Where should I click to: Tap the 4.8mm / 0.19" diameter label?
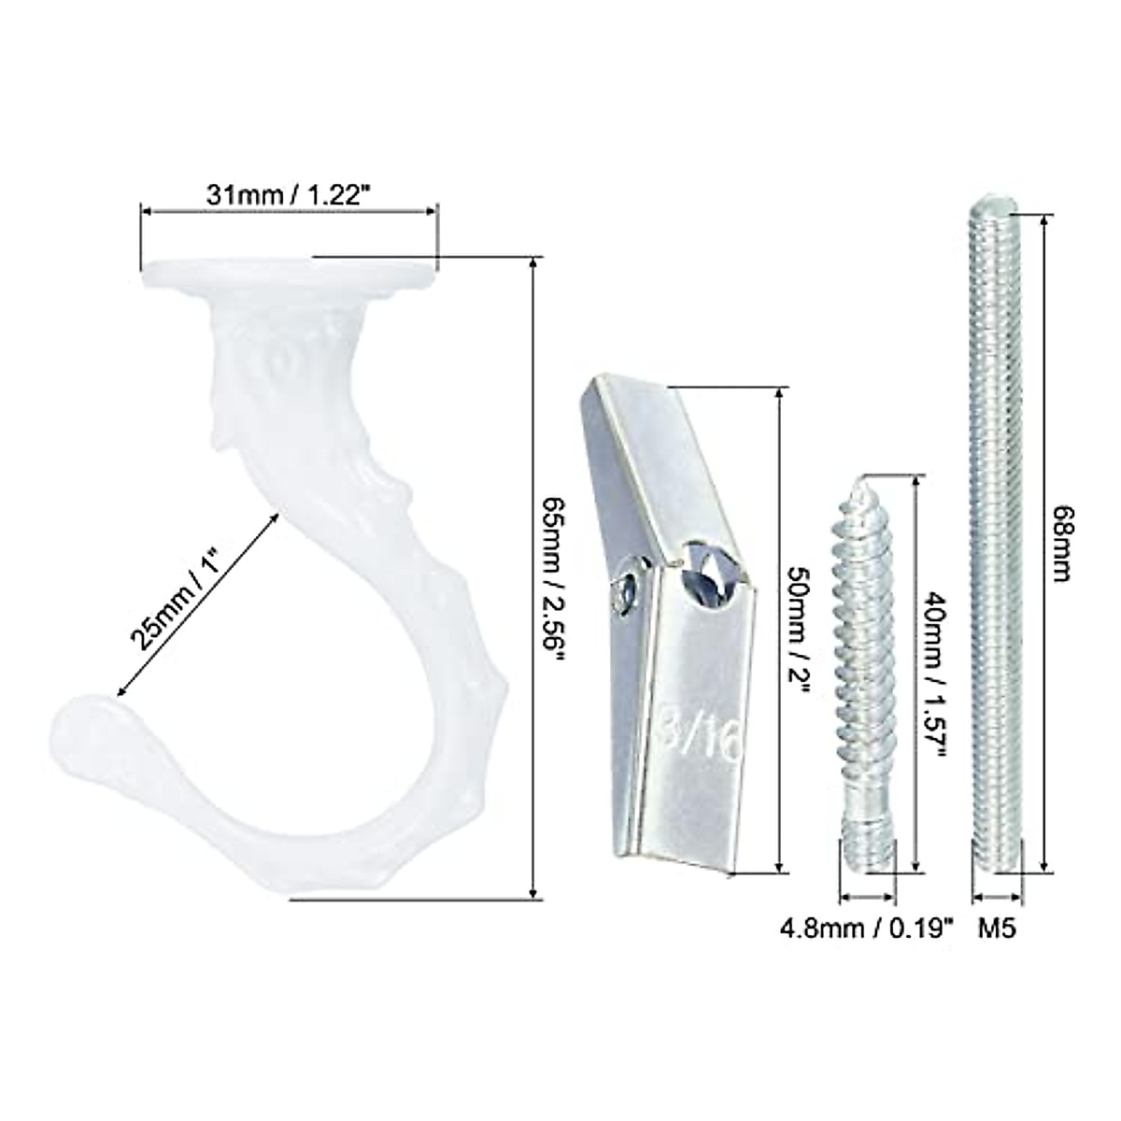867,928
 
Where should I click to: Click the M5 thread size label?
997,928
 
